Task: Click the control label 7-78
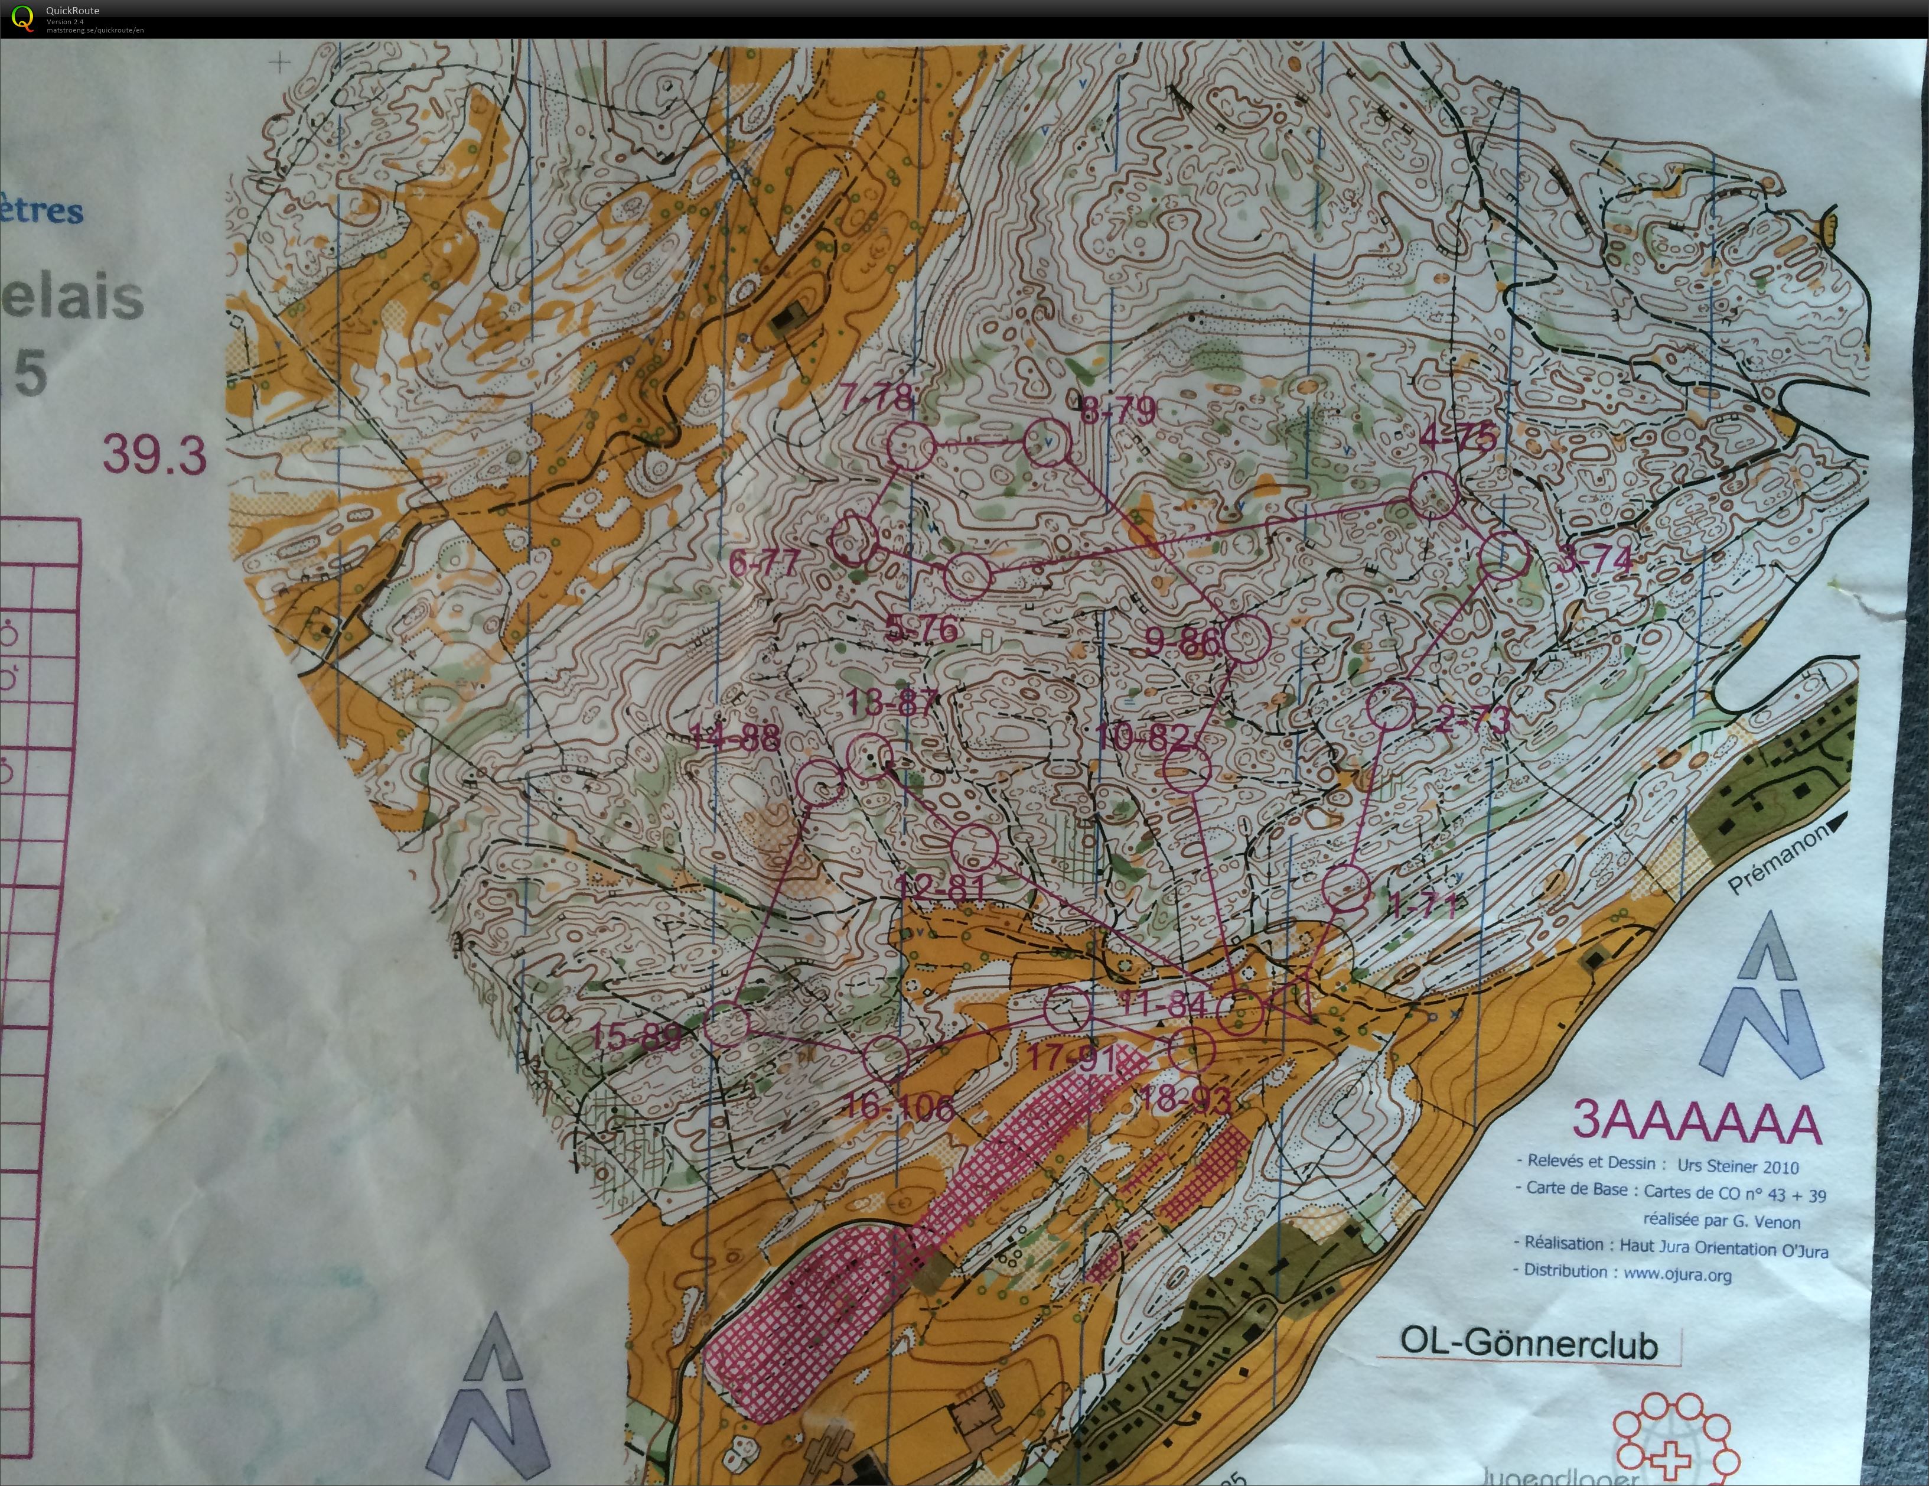point(877,396)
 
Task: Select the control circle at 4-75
point(1433,495)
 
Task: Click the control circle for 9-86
point(1246,638)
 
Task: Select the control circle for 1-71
point(1347,888)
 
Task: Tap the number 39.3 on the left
point(155,455)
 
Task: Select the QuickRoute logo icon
point(21,18)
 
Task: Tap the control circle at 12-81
point(974,846)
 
